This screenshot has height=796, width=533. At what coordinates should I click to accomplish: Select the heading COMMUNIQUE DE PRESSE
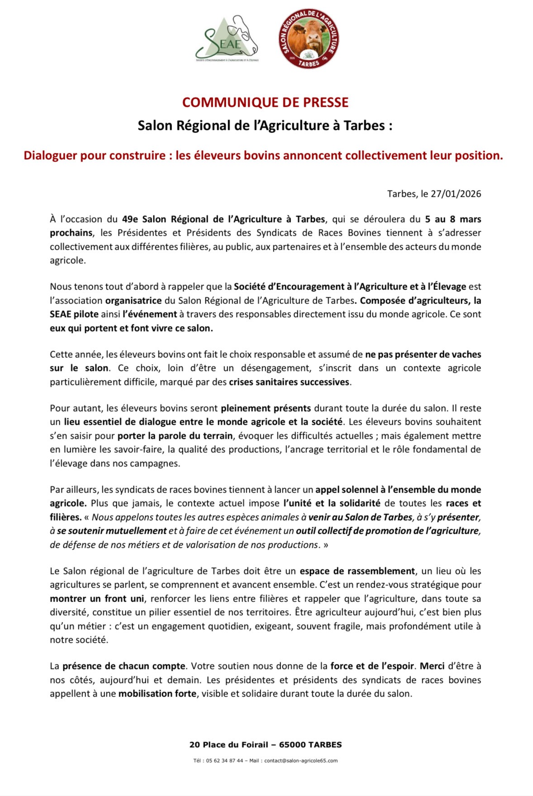[x=265, y=102]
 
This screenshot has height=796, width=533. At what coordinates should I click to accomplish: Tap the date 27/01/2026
[x=456, y=194]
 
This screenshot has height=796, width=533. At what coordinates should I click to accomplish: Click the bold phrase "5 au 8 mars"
[x=453, y=219]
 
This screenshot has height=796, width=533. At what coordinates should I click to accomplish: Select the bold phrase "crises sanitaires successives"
[x=289, y=382]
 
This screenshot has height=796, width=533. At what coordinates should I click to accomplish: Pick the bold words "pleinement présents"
[x=266, y=408]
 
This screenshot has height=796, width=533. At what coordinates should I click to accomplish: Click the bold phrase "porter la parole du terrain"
[x=175, y=436]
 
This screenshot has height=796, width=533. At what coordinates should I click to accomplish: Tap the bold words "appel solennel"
[x=347, y=490]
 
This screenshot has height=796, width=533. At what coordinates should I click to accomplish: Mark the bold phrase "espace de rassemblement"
[x=357, y=571]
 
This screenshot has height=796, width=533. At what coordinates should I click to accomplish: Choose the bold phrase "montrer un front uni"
[x=97, y=599]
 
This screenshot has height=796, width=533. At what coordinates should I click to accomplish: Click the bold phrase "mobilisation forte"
[x=157, y=694]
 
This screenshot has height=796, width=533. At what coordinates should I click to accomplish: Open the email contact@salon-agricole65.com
[x=301, y=761]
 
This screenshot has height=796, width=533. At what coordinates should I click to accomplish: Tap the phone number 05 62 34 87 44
[x=224, y=761]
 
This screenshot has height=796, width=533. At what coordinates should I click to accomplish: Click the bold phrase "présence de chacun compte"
[x=124, y=666]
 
